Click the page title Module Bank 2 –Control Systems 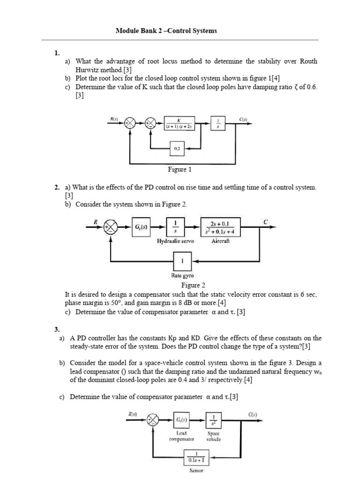click(166, 31)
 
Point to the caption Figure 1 click(180, 169)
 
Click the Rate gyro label click(182, 276)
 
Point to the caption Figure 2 click(193, 285)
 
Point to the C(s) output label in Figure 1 click(243, 120)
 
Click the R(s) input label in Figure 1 click(114, 119)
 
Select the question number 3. click(57, 330)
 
